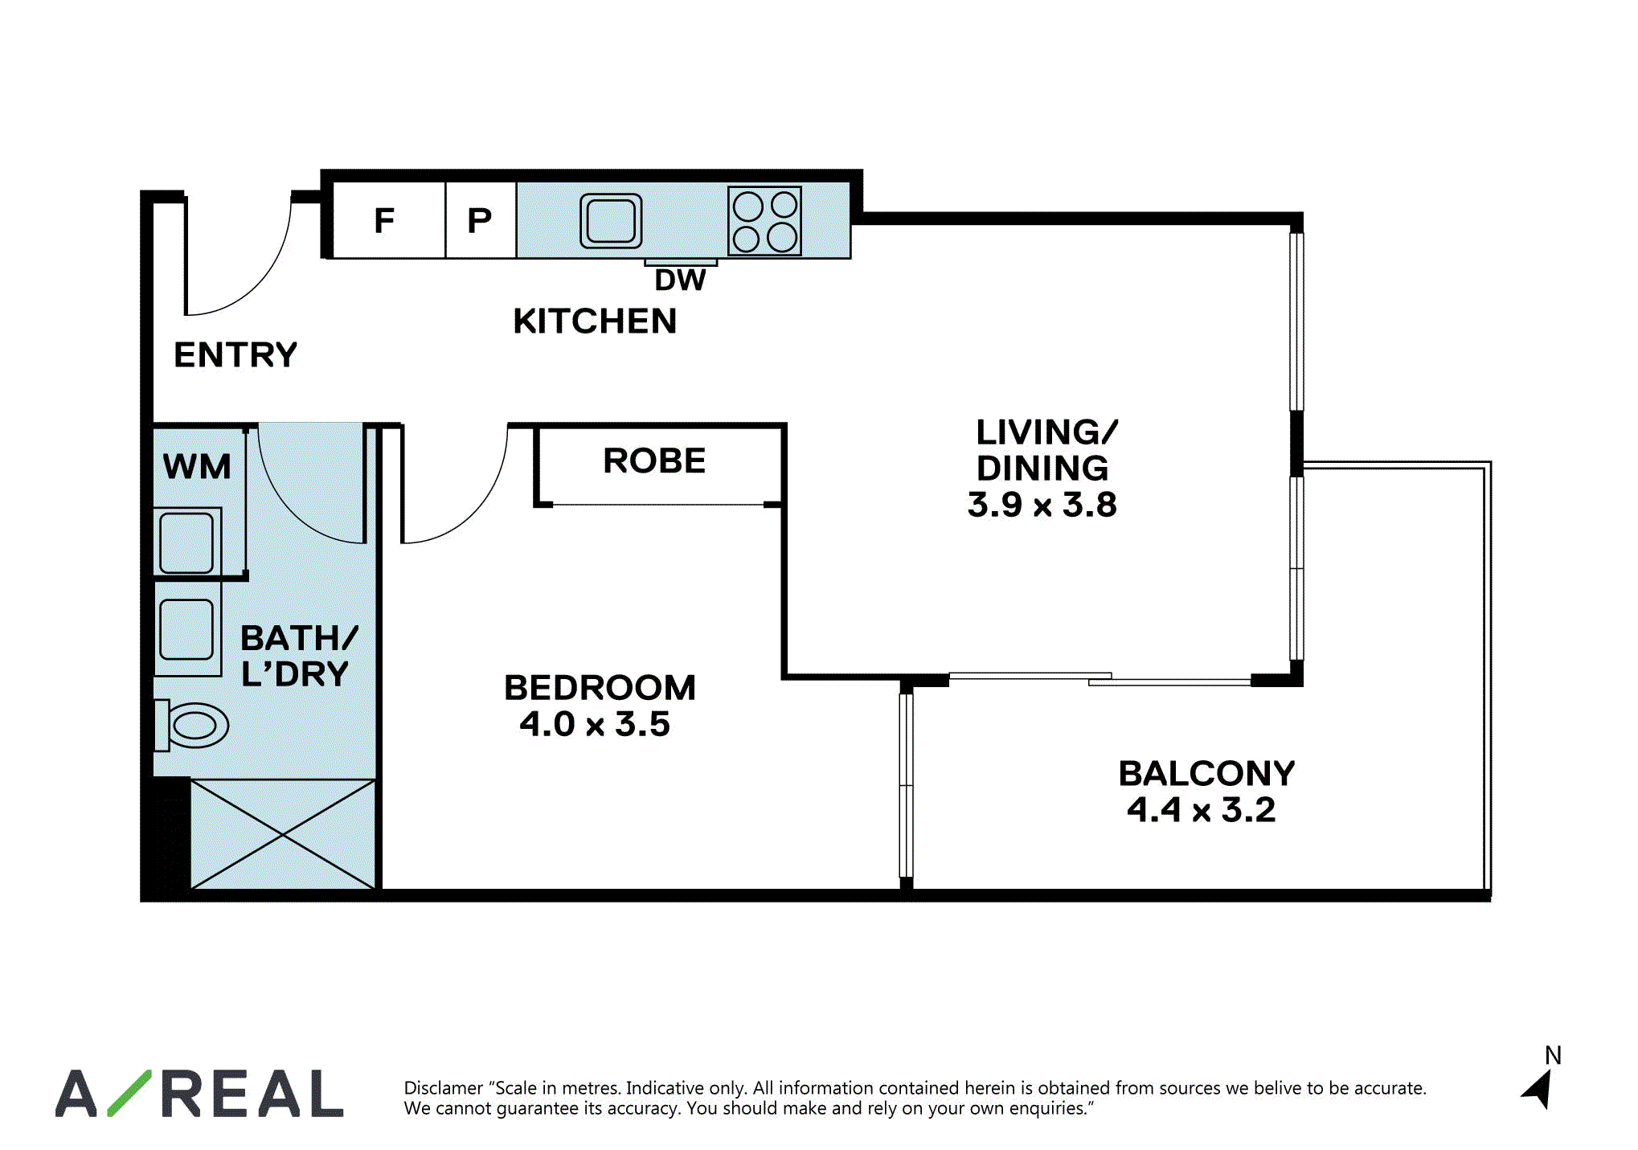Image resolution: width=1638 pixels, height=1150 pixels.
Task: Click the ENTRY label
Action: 235,354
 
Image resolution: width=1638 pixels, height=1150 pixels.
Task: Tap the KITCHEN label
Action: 595,321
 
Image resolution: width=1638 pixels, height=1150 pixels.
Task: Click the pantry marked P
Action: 481,219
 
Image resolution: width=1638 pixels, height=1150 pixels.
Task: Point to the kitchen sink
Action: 611,220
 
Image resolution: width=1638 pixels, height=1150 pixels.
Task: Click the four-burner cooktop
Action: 764,220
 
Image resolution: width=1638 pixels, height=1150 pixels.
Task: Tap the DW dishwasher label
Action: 680,280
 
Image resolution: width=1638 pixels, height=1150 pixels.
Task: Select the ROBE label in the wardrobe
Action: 654,460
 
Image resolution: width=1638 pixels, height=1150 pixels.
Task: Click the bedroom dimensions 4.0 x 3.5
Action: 595,724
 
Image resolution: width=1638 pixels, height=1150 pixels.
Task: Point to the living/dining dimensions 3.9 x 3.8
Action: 1042,505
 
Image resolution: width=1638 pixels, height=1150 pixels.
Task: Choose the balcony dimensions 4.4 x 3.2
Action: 1202,809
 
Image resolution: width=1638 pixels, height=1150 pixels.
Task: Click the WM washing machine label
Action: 197,466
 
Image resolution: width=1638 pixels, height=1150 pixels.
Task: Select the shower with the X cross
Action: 283,834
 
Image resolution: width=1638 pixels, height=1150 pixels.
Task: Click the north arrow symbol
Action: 1538,1090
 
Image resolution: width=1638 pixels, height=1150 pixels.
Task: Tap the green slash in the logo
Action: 129,1093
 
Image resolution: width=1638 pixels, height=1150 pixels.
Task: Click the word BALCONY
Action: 1206,773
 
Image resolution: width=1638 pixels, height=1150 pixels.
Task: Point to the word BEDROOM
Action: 600,688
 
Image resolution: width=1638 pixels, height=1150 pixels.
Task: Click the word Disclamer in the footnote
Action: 443,1088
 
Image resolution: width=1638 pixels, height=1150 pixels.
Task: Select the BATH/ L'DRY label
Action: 298,656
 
